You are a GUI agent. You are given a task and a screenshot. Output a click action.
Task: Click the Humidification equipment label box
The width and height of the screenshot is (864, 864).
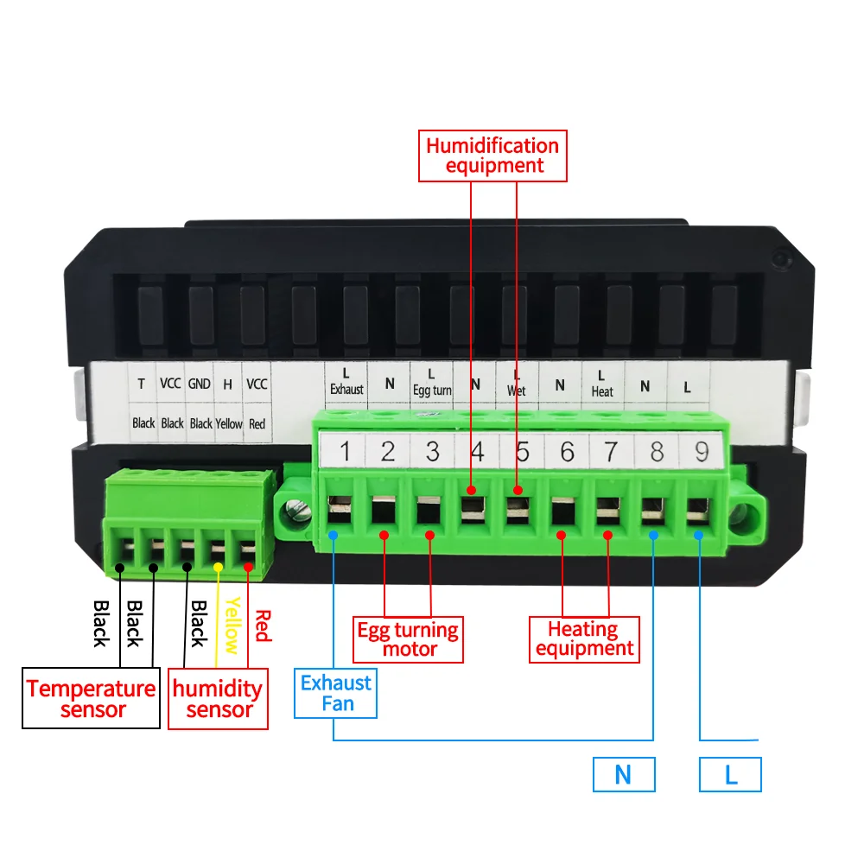pos(492,156)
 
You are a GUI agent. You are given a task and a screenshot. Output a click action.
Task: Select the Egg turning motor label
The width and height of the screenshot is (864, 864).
pos(409,639)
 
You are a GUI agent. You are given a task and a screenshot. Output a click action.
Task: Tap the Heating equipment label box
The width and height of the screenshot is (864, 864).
pos(584,639)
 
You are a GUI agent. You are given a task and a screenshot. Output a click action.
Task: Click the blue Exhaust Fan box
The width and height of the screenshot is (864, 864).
pos(336,693)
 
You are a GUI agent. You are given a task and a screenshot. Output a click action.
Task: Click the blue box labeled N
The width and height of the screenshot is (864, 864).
pos(624,775)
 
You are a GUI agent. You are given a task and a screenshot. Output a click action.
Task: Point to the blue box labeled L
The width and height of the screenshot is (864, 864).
pos(730,775)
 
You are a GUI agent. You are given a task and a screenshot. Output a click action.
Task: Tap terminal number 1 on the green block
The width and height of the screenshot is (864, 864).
pos(344,451)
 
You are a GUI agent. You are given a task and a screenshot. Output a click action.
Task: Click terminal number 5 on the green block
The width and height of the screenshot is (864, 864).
pos(522,451)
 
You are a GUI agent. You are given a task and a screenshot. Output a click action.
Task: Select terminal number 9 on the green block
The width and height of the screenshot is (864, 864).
pos(701,451)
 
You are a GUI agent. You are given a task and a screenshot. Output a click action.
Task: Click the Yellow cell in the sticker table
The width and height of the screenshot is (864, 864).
pos(229,423)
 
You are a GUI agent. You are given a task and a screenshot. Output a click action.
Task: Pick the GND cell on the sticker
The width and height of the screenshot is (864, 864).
pos(200,384)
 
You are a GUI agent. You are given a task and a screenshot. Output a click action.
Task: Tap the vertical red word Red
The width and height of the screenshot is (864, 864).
pos(263,626)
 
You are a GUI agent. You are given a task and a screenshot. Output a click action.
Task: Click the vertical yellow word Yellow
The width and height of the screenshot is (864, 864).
pos(231,626)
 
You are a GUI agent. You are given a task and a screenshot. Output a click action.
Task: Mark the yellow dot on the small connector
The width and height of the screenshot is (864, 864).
pos(219,567)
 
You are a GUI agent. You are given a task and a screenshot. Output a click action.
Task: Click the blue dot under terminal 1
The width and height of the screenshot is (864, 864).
pos(334,536)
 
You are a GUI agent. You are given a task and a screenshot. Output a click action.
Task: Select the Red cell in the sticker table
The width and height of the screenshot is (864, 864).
pos(257,423)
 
